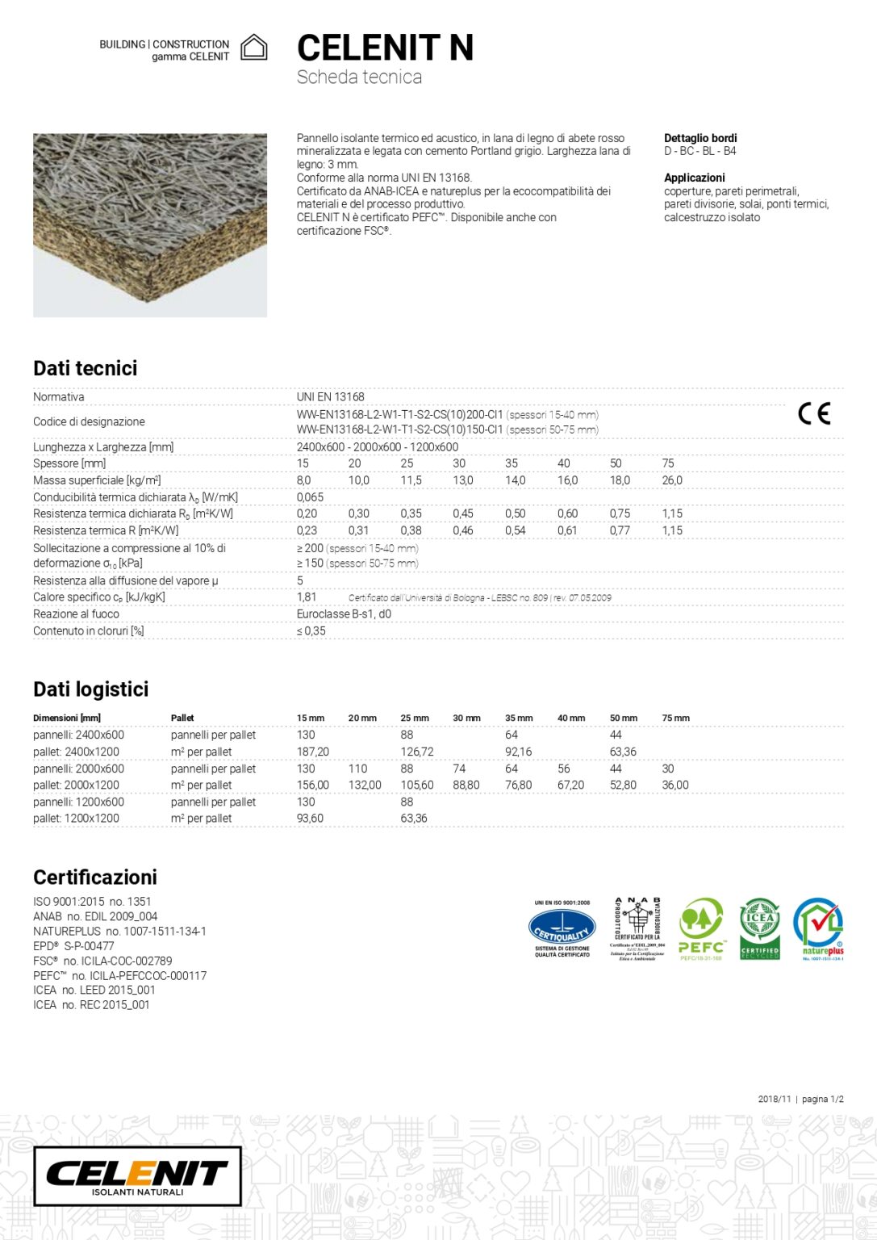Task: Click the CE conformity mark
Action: coord(813,413)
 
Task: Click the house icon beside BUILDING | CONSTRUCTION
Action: coord(254,48)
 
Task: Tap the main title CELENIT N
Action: coord(385,48)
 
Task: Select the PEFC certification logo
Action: coord(701,928)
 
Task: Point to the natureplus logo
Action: coord(819,928)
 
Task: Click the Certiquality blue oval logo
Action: coord(562,928)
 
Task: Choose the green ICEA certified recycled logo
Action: coord(760,928)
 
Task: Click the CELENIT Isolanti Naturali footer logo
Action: coord(137,1176)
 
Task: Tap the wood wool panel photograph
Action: coord(150,225)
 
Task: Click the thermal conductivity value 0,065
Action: coord(310,497)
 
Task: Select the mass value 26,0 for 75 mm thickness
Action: coord(672,480)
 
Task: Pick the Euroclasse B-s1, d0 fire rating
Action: coord(344,614)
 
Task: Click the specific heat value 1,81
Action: coord(307,597)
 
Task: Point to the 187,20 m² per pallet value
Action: coord(313,752)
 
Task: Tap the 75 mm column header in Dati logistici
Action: coord(675,718)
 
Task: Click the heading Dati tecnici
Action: coord(86,368)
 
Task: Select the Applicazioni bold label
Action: coord(694,178)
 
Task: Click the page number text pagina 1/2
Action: coord(822,1099)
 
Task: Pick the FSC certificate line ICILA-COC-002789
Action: coord(102,961)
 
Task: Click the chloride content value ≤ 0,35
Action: coord(311,631)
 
